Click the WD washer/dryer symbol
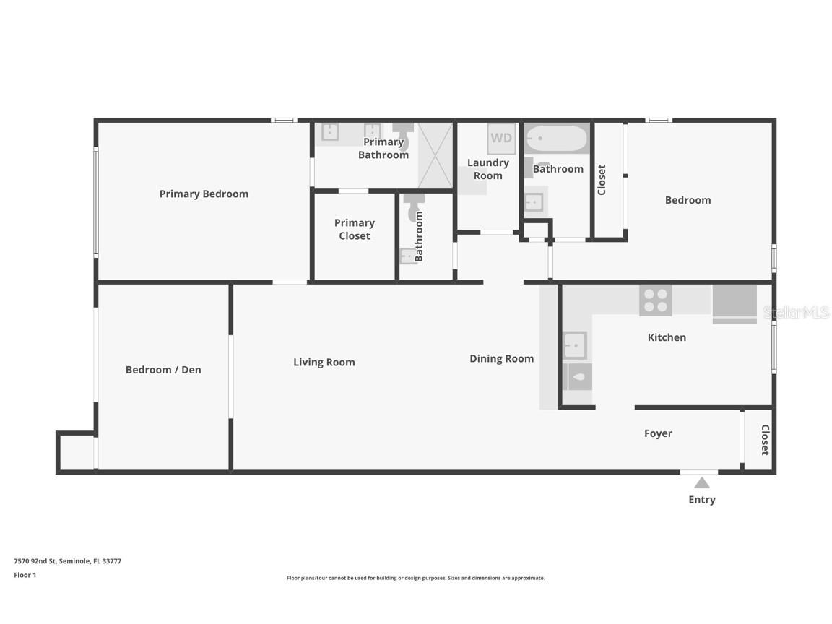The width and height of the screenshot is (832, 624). coord(501,138)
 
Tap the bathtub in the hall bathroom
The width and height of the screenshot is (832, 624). coord(555,139)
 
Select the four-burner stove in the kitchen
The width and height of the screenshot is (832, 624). coord(655,300)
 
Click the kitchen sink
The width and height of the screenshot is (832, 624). coord(574,345)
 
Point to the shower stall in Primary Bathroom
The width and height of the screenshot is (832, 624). coord(435,155)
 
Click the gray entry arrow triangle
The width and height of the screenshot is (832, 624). coord(701,482)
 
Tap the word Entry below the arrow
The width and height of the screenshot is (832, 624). coord(701,500)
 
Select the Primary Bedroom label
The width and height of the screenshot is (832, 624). coord(204,194)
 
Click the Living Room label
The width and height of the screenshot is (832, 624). coord(324,362)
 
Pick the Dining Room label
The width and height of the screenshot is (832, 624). coord(501,358)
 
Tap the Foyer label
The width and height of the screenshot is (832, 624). coord(658,433)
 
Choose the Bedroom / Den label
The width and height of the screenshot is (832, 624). coord(163,370)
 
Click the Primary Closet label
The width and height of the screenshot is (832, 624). coord(354,229)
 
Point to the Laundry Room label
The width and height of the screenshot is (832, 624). coord(487,169)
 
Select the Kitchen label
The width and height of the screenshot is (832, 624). coord(667,337)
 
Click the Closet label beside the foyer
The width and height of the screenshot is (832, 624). coord(764,439)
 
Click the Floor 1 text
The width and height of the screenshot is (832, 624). coord(25,576)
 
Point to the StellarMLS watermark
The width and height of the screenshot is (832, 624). coord(796,313)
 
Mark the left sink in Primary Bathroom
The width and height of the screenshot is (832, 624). coord(329,131)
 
